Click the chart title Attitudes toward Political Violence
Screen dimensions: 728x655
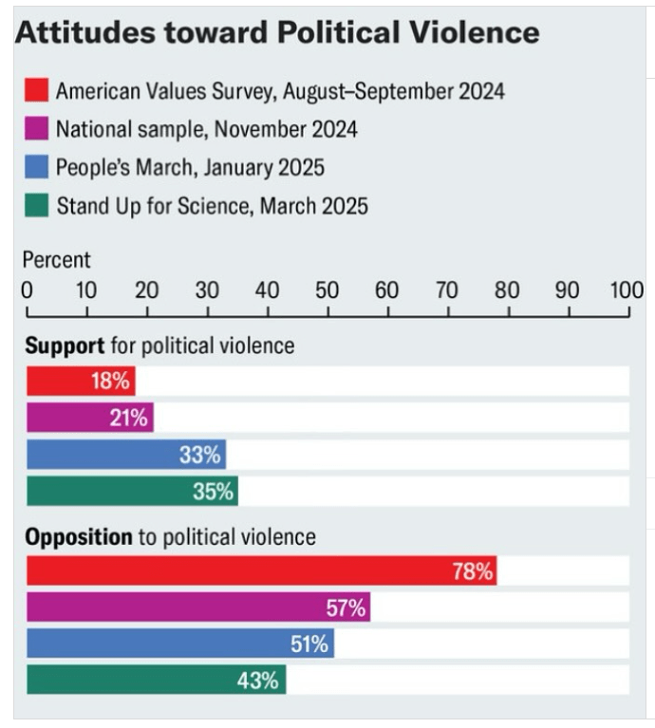pyautogui.click(x=277, y=33)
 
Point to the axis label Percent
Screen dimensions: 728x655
pyautogui.click(x=57, y=259)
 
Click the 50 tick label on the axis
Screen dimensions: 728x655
pyautogui.click(x=327, y=289)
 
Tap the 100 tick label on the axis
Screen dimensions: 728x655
pyautogui.click(x=627, y=289)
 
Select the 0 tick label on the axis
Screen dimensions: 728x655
pyautogui.click(x=28, y=289)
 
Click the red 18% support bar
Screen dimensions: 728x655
pyautogui.click(x=81, y=381)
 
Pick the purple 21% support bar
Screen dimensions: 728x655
pyautogui.click(x=89, y=418)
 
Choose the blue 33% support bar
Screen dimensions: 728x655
pyautogui.click(x=125, y=455)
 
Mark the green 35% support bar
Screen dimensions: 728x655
pyautogui.click(x=132, y=492)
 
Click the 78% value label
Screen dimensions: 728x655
pyautogui.click(x=473, y=571)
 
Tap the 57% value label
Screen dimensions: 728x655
pyautogui.click(x=346, y=608)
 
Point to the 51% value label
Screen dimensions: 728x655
pyautogui.click(x=309, y=644)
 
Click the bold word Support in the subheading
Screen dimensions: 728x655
pyautogui.click(x=64, y=345)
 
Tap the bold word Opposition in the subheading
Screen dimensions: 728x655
pyautogui.click(x=79, y=536)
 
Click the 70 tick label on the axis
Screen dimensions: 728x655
pyautogui.click(x=447, y=289)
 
